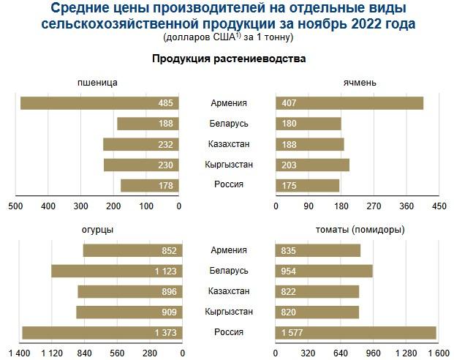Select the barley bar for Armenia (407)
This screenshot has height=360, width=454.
(349, 103)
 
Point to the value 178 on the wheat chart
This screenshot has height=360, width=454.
(165, 186)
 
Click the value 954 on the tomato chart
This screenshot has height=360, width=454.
(289, 271)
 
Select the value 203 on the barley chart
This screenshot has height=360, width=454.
(289, 165)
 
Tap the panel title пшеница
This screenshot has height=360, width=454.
(97, 82)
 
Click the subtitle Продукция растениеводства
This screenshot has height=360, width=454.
(228, 59)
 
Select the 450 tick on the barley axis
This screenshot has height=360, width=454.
(439, 207)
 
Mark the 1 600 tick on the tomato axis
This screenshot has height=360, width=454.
(436, 354)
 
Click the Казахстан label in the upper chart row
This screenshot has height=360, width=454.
(228, 145)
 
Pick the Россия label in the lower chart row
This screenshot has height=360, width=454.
(228, 333)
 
